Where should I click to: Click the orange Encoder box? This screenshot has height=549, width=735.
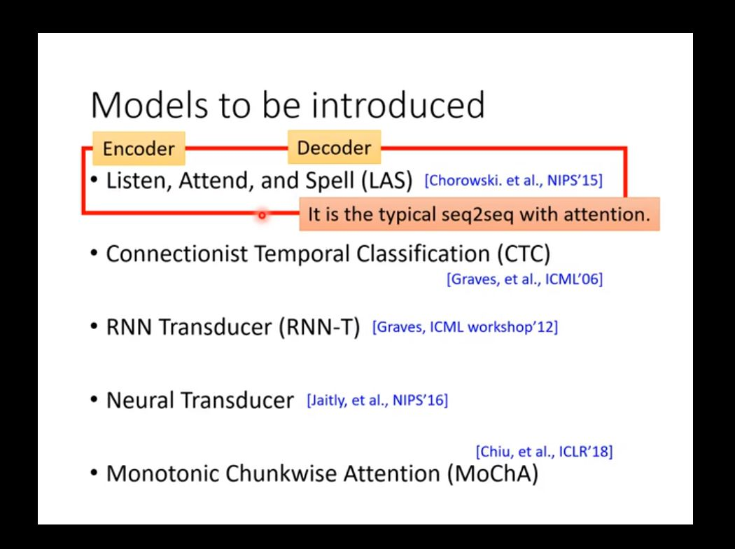139,148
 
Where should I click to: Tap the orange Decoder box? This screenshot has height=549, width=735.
334,148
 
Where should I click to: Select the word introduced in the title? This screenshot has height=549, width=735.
398,105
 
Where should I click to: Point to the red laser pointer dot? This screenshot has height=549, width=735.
262,215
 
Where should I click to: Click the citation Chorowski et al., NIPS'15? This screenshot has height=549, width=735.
513,181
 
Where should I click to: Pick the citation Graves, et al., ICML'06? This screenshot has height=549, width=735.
524,279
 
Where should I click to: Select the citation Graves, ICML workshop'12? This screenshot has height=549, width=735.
465,327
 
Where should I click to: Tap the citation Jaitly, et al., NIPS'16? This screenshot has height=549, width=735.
377,401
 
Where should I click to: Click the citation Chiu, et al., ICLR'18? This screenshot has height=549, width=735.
544,452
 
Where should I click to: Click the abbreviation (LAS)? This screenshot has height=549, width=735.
387,181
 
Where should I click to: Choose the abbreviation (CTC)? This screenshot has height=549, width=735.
524,253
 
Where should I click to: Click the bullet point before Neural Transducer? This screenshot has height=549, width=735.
94,400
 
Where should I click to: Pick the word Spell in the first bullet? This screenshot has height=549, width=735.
330,181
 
